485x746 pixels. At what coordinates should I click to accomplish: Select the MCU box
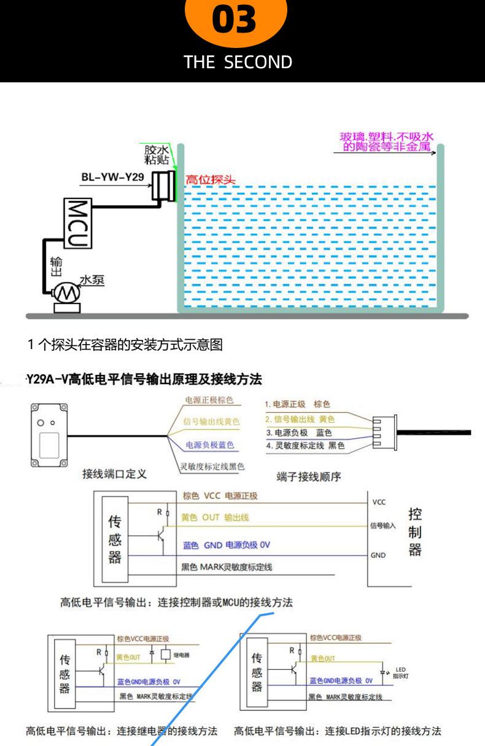coord(78,223)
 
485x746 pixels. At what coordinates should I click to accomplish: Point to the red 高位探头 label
coord(211,181)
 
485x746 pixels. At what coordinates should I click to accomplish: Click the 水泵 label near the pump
coord(92,280)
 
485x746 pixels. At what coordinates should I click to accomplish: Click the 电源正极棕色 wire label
coord(209,401)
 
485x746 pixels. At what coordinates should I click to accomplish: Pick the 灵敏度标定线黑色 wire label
coord(212,466)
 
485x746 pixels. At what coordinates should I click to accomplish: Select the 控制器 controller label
coord(414,532)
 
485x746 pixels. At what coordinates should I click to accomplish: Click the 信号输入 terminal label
coord(383,526)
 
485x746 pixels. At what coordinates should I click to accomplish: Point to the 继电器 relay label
coord(181,654)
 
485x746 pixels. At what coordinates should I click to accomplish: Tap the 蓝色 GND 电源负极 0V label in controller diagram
coord(227,545)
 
